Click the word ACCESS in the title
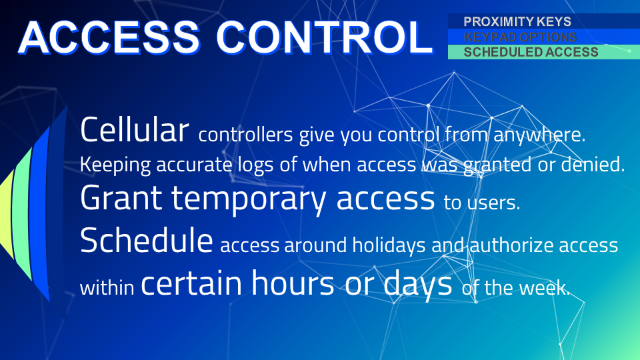click(109, 37)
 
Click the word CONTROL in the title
click(325, 37)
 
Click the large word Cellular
click(135, 129)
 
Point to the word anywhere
click(539, 135)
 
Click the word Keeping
click(115, 165)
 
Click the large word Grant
click(121, 198)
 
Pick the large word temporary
click(248, 200)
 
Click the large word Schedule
click(147, 240)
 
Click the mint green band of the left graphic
click(23, 214)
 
